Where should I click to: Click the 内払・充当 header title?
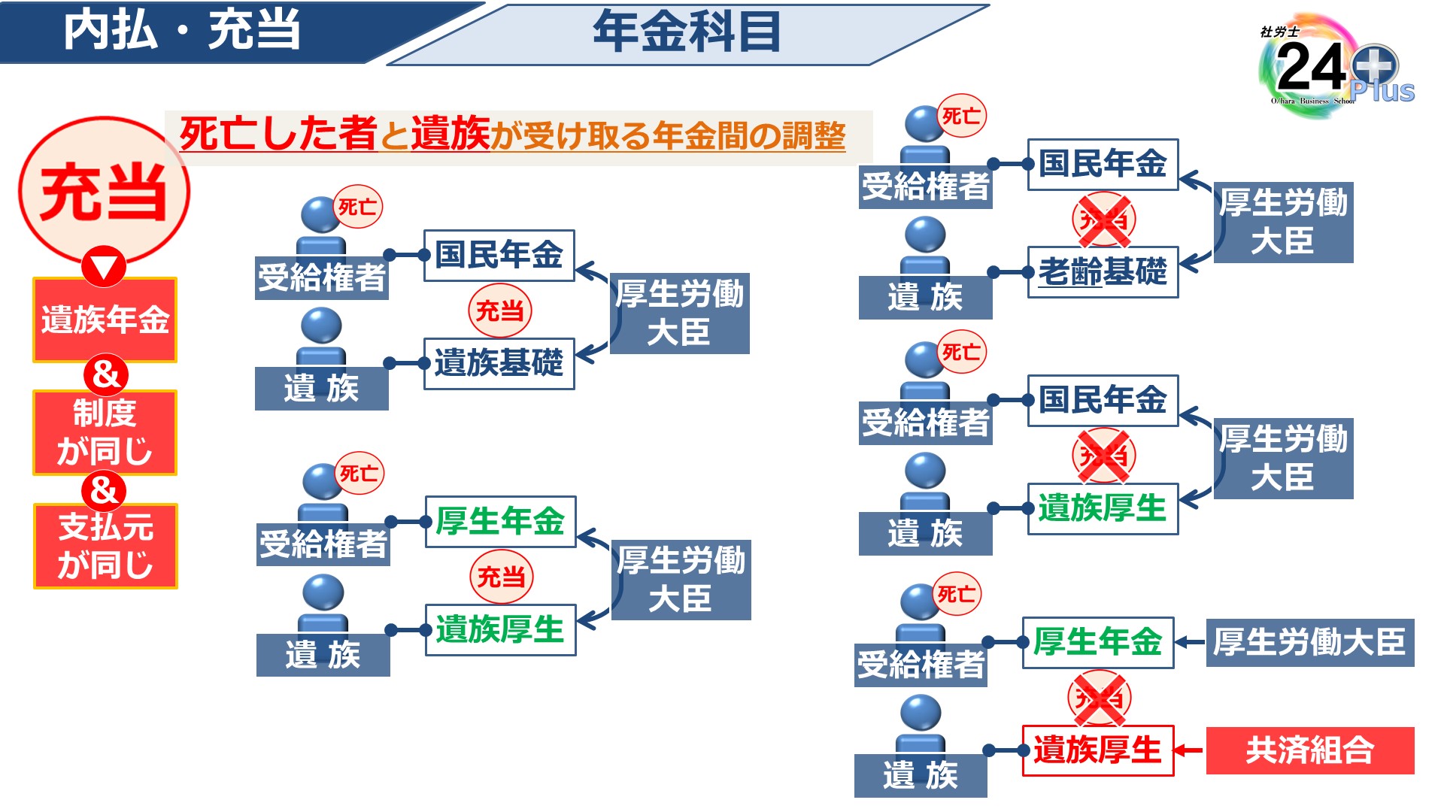pos(182,32)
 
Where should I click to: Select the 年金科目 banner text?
pos(686,33)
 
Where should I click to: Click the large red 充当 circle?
pos(104,191)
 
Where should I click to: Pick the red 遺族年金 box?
pos(105,320)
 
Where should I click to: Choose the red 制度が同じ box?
pos(105,432)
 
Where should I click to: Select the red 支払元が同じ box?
pos(105,546)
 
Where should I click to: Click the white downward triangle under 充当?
pos(104,266)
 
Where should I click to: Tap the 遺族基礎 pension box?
pos(499,363)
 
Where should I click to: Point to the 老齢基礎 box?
pos(1103,272)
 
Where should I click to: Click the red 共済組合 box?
pos(1309,750)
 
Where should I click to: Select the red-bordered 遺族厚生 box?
pos(1097,750)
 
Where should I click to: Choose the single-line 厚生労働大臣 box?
pos(1309,642)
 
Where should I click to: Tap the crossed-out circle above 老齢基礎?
pos(1103,220)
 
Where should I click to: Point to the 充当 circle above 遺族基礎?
pos(500,311)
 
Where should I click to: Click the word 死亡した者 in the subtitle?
pos(278,134)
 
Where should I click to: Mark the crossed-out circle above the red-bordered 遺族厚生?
pos(1099,698)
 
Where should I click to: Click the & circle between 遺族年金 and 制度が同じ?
pos(105,374)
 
